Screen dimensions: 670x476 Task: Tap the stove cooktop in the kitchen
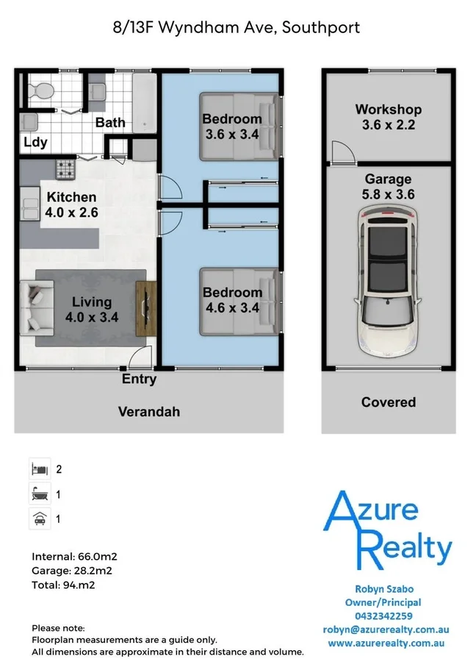67,169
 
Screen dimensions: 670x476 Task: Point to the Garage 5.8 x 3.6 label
388,187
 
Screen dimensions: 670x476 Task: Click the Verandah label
149,412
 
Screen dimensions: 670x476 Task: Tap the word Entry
139,379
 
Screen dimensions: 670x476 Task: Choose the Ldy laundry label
35,142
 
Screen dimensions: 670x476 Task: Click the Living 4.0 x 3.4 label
92,310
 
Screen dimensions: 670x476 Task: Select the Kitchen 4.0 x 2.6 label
72,204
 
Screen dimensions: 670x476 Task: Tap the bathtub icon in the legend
40,493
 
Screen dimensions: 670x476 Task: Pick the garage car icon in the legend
40,518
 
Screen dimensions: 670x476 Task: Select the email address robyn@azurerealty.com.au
386,630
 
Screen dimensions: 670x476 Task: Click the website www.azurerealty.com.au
386,644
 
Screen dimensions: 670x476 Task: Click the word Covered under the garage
388,402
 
